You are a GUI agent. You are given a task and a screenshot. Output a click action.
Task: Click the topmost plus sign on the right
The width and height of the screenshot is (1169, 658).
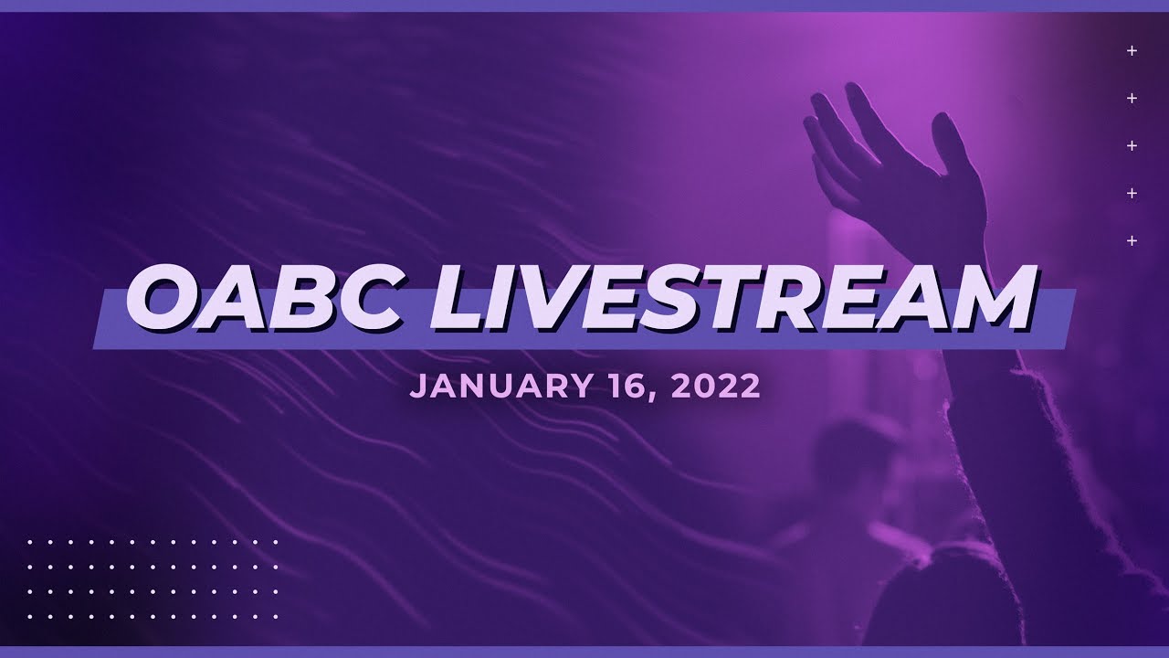(1132, 51)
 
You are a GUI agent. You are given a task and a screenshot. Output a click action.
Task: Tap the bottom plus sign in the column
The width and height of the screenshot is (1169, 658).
(1132, 241)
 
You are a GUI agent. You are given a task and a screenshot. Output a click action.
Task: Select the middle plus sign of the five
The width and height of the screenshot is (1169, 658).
(1132, 146)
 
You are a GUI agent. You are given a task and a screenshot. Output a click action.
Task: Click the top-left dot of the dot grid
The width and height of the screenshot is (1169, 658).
(30, 542)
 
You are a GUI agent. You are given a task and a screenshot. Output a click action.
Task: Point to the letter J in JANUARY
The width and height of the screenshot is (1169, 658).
(417, 387)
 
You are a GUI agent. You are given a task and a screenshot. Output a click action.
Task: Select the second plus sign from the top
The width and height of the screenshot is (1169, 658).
(1132, 99)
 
